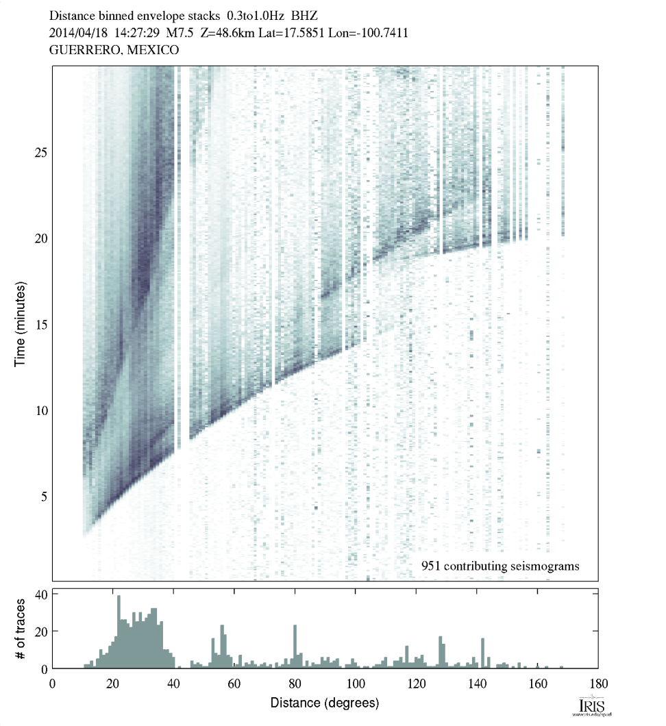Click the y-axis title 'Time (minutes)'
(x=21, y=323)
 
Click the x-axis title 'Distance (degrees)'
(x=324, y=703)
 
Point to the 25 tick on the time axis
(x=40, y=151)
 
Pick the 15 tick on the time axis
(x=40, y=324)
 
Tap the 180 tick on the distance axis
(x=598, y=683)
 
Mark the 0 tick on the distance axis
(x=53, y=683)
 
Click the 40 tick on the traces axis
(x=40, y=594)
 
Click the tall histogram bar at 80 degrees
(x=295, y=647)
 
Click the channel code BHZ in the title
(x=305, y=14)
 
